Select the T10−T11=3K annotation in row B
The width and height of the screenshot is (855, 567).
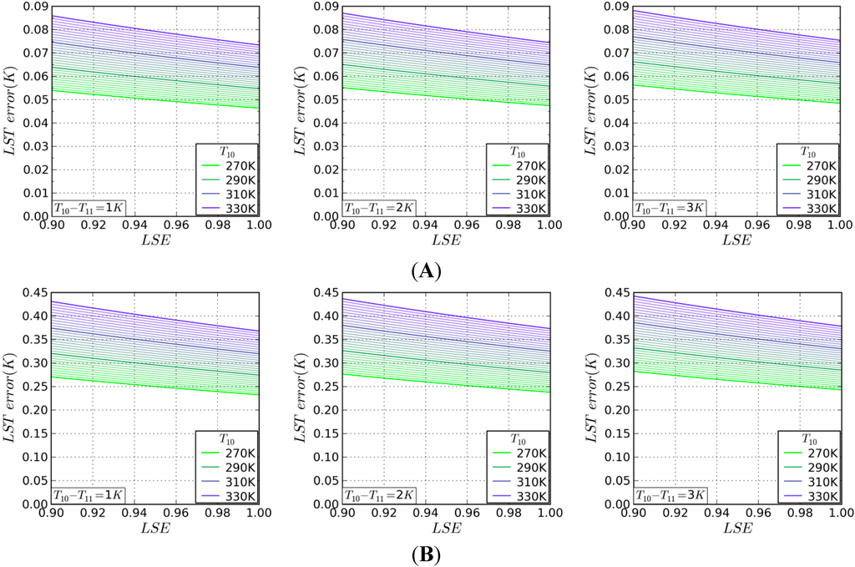pyautogui.click(x=670, y=496)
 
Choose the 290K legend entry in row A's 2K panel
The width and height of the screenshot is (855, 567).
pyautogui.click(x=524, y=179)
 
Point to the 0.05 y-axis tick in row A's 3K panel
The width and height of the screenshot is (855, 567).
pyautogui.click(x=614, y=99)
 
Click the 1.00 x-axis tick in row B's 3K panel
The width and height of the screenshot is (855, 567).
pyautogui.click(x=837, y=514)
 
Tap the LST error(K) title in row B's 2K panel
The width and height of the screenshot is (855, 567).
pyautogui.click(x=300, y=397)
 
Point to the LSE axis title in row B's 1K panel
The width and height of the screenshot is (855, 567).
pyautogui.click(x=155, y=529)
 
